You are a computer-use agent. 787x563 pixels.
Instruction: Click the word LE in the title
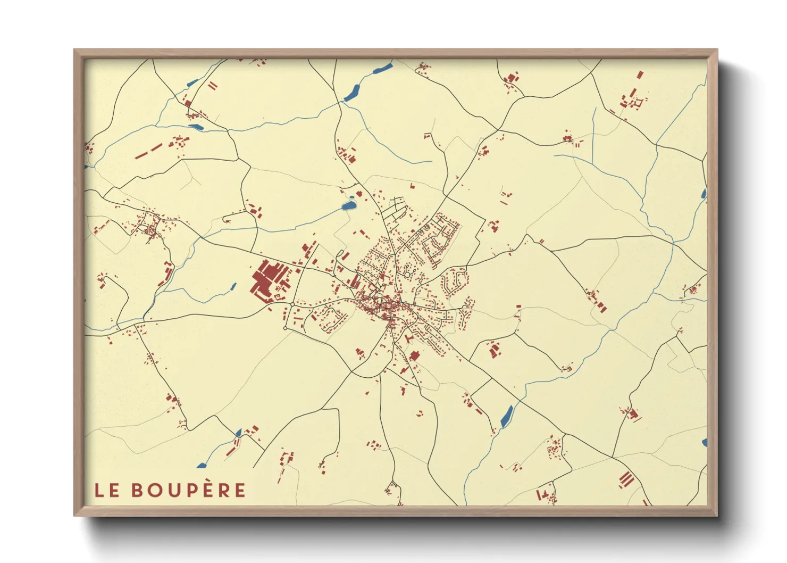pos(107,490)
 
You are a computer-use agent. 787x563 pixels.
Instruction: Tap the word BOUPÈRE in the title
pos(188,490)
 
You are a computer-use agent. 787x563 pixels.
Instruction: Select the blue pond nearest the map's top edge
pos(383,68)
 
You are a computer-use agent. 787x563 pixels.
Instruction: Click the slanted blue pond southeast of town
pos(507,416)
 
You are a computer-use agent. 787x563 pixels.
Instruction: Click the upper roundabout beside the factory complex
pos(292,304)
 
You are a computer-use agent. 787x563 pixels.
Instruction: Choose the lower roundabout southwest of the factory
pos(286,328)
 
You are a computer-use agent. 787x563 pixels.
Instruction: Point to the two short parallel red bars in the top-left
pos(213,85)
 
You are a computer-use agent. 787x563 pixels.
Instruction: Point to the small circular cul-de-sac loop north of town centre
pos(408,274)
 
